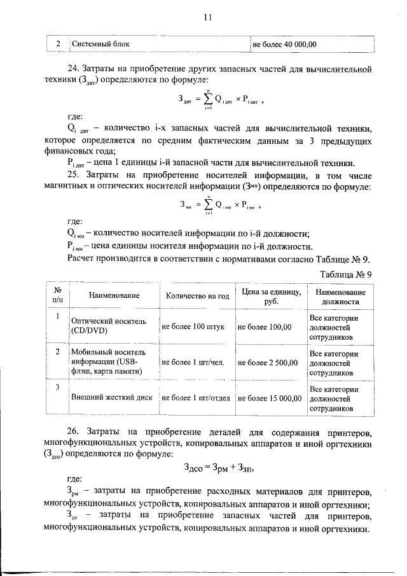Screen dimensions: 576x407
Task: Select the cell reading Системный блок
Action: coord(100,45)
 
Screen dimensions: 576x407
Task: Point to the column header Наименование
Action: coord(114,296)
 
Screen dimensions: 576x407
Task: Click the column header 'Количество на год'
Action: coord(197,296)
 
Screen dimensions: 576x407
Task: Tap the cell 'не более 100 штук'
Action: coord(193,327)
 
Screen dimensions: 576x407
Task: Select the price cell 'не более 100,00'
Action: coord(264,327)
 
